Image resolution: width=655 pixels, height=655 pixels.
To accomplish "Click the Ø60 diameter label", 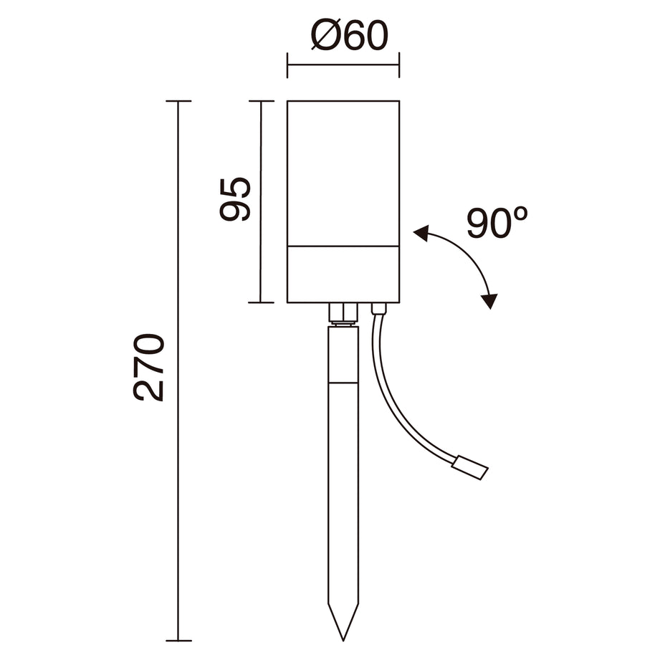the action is click(350, 35).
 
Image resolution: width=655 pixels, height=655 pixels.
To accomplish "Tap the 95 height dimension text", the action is click(235, 199).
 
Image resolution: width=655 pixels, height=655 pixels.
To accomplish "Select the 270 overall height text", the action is click(149, 368).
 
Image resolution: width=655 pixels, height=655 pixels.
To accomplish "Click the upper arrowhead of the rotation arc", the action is click(421, 233).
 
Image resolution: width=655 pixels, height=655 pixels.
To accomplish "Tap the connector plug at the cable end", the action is click(470, 468).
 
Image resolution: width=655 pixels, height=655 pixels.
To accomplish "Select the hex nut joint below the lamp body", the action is click(343, 313).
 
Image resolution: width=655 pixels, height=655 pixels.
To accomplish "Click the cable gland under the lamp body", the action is click(379, 309).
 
